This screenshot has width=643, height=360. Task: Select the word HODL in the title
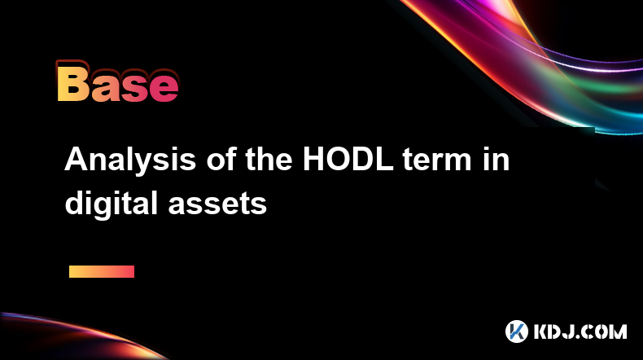coord(348,159)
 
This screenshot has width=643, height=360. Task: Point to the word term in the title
coord(437,160)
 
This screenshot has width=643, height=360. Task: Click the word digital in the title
coord(112,204)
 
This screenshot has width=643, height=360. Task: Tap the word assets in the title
coord(218,205)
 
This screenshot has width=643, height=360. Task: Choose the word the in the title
coord(269,159)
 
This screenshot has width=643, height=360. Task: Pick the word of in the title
coord(221,159)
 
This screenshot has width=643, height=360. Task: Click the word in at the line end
coord(496,159)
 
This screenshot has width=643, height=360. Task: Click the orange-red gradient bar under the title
coord(102,271)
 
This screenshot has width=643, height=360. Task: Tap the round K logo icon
coord(516,331)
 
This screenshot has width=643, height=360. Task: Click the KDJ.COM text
coord(580,331)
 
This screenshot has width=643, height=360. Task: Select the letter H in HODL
coord(313,159)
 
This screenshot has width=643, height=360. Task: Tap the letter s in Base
coord(134,88)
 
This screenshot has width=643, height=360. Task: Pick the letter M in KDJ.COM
coord(617,331)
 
